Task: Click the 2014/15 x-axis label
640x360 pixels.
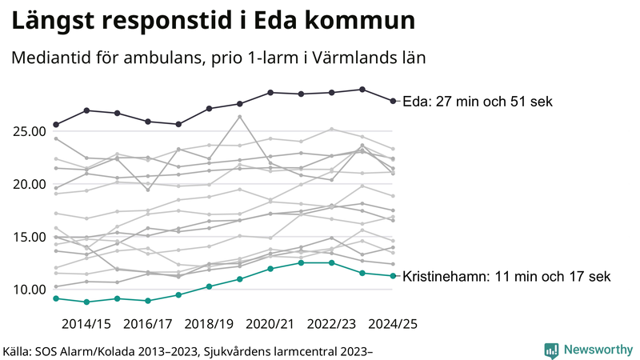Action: pyautogui.click(x=86, y=323)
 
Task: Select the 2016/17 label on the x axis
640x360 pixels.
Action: pyautogui.click(x=148, y=323)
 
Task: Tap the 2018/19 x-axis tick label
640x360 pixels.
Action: pyautogui.click(x=210, y=323)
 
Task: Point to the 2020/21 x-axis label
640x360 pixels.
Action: pyautogui.click(x=270, y=323)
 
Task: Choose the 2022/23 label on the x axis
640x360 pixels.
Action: pyautogui.click(x=332, y=323)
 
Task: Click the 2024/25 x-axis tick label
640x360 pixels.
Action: pyautogui.click(x=392, y=323)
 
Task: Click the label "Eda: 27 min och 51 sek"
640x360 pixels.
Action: pyautogui.click(x=477, y=102)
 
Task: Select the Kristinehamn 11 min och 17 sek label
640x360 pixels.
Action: pyautogui.click(x=506, y=277)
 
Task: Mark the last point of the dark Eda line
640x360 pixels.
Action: pyautogui.click(x=393, y=101)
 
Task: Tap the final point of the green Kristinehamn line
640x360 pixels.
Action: pyautogui.click(x=393, y=276)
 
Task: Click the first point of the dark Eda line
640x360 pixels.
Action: pyautogui.click(x=56, y=125)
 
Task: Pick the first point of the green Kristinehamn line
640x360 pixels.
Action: pyautogui.click(x=56, y=298)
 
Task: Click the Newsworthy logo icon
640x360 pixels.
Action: pyautogui.click(x=551, y=350)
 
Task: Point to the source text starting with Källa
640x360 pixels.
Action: pyautogui.click(x=189, y=350)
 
